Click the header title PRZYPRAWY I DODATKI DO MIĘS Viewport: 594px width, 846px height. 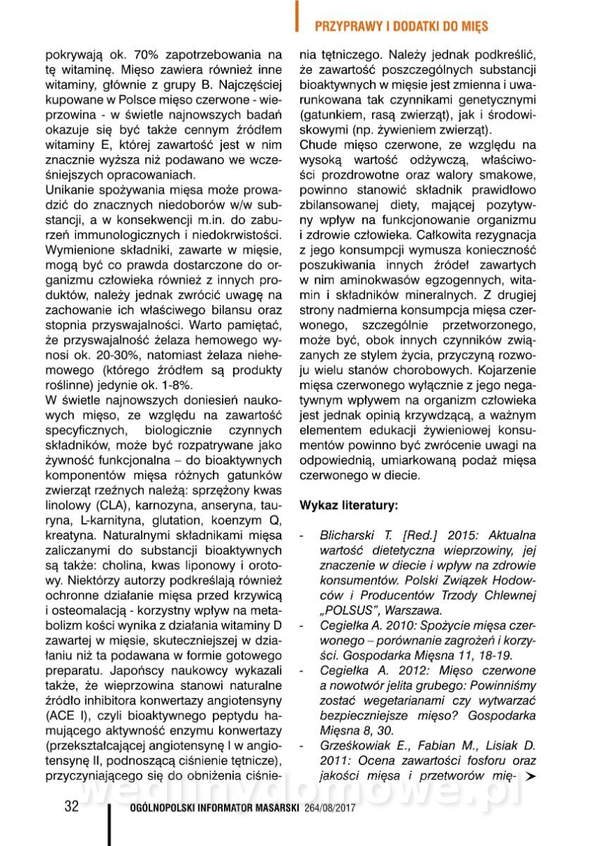[x=401, y=26]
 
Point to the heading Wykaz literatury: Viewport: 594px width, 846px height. [x=349, y=505]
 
